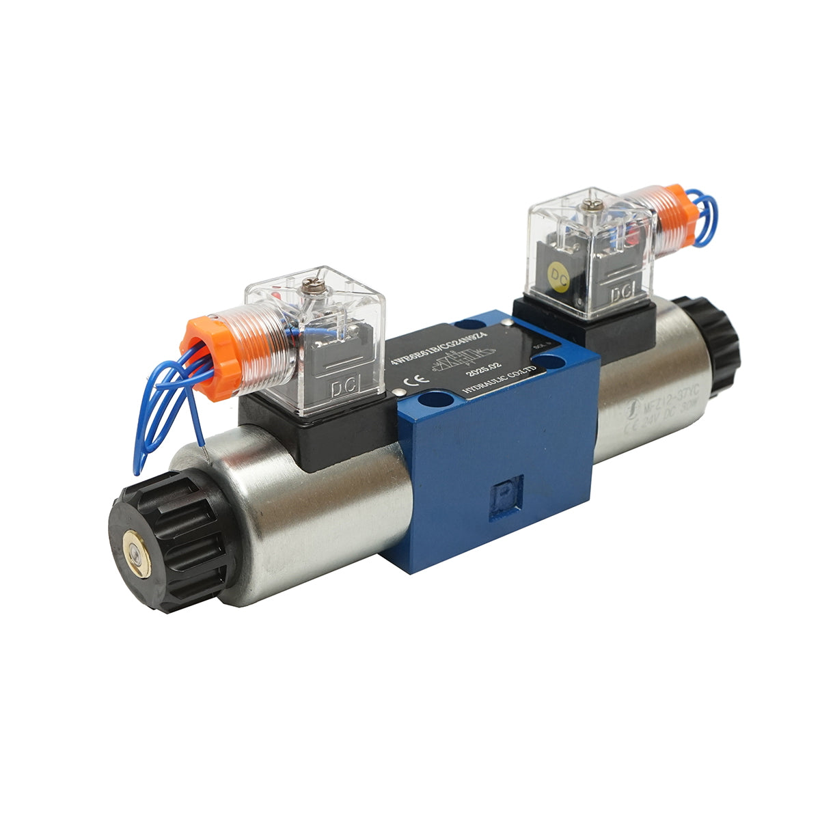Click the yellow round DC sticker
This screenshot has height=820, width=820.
[560, 277]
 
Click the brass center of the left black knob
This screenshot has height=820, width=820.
[136, 547]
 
